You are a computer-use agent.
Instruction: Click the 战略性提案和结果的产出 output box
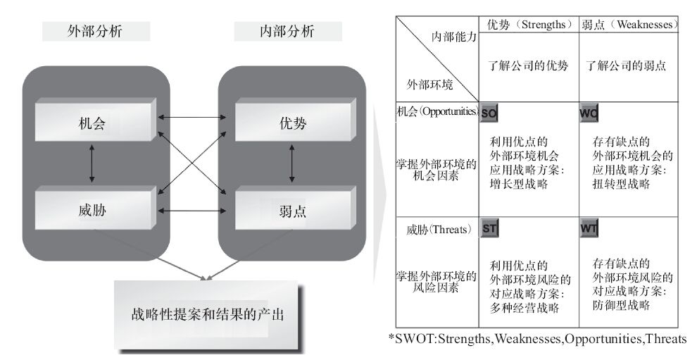[208, 314]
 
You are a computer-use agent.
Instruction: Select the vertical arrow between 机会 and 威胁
[92, 166]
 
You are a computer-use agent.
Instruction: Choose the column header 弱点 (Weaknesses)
[629, 24]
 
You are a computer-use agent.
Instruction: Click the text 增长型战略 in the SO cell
[519, 185]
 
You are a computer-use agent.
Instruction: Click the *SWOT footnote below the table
[536, 340]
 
